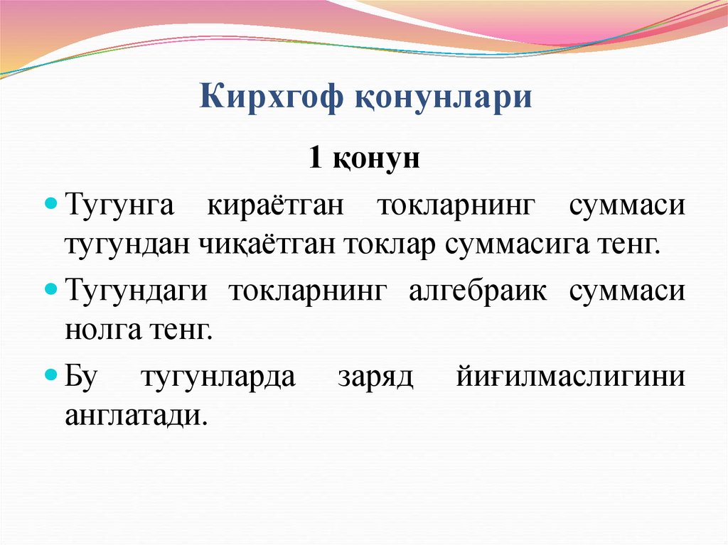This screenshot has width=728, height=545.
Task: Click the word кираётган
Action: (x=276, y=207)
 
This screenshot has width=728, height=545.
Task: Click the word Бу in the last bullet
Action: (x=80, y=377)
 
